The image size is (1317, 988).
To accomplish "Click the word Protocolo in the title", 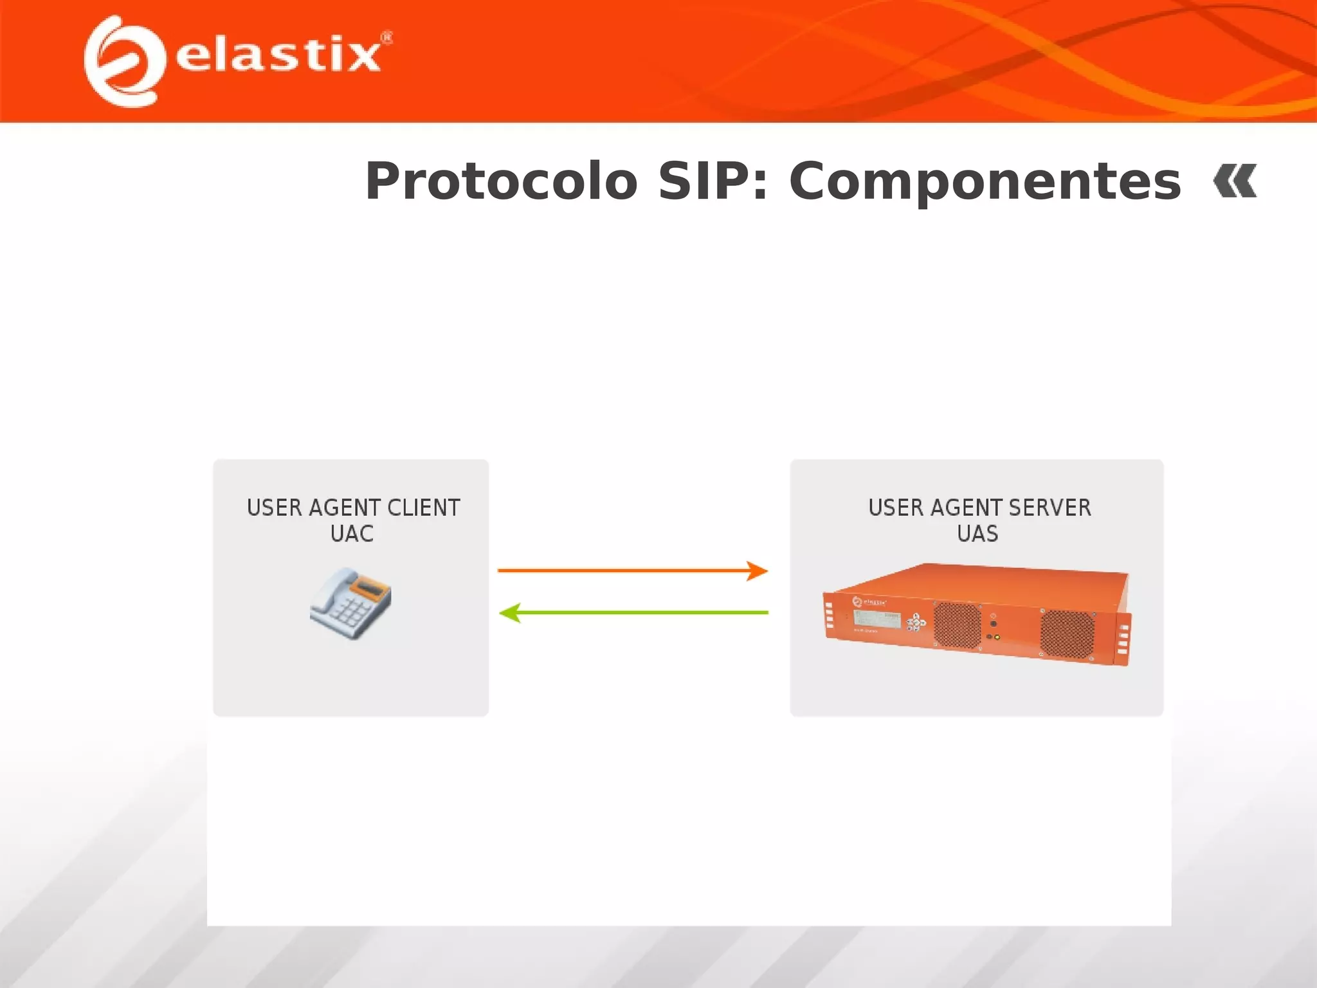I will [x=501, y=182].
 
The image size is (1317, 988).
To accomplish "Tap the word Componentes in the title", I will [x=985, y=182].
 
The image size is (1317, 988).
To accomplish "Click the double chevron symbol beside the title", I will [x=1235, y=181].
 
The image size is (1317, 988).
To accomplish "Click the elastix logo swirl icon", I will [x=122, y=62].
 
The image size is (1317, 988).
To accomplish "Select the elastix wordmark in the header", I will [x=278, y=55].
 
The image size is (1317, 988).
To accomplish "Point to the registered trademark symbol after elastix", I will [x=386, y=38].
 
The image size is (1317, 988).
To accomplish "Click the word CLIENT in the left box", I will [x=424, y=508].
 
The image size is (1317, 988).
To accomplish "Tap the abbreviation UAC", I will [x=352, y=534].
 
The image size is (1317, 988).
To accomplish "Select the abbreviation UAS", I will [x=977, y=534].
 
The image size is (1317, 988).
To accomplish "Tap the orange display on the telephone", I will [x=369, y=588].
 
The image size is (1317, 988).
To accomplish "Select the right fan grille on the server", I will [x=1067, y=634].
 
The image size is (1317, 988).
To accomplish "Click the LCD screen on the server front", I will [x=876, y=619].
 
